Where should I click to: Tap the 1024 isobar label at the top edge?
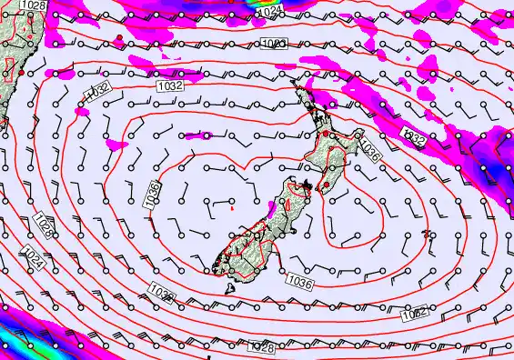(269, 12)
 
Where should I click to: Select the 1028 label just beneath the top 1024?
(277, 44)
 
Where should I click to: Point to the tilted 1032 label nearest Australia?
(96, 91)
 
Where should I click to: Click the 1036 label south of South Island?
(301, 283)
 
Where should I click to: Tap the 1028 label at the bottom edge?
(260, 348)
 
